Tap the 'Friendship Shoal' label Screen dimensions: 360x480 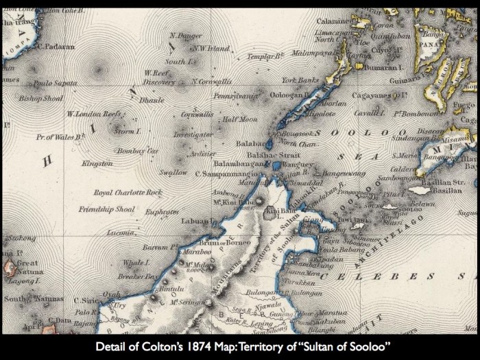[x=106, y=208]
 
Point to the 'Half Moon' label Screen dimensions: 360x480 [x=239, y=119]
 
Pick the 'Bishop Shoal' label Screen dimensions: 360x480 [x=40, y=98]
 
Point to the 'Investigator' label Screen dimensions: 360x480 [x=193, y=135]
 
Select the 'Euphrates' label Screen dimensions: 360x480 [x=163, y=213]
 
